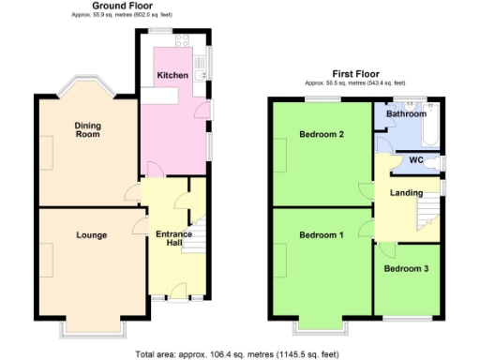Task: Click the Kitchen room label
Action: click(x=172, y=75)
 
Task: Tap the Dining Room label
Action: click(x=88, y=130)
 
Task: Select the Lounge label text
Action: click(x=91, y=235)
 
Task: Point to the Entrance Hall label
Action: click(x=173, y=239)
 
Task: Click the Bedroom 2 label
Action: click(x=322, y=135)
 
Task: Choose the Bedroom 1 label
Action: click(x=322, y=234)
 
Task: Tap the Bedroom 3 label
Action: click(x=406, y=269)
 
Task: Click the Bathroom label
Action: click(x=407, y=113)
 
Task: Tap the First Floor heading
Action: click(x=356, y=72)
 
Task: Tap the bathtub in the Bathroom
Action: click(x=432, y=134)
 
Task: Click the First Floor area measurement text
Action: click(x=356, y=82)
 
